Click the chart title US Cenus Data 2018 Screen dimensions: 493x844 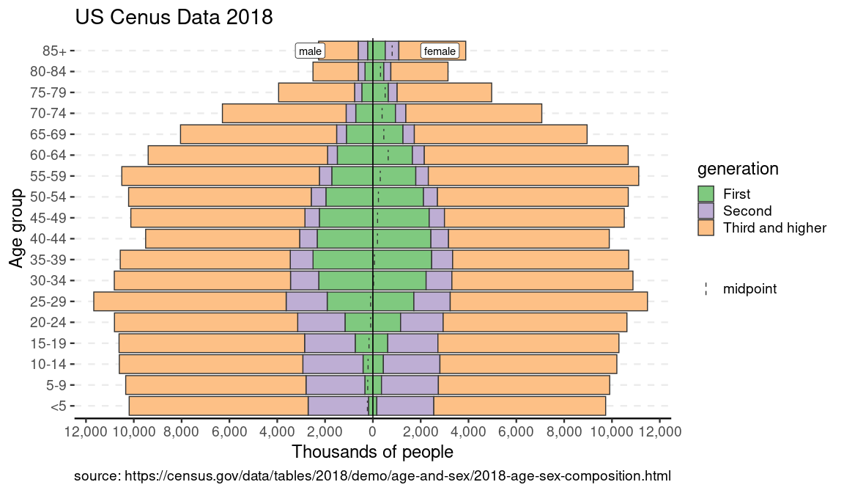(174, 18)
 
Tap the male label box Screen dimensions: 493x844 (310, 51)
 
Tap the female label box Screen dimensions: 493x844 (440, 51)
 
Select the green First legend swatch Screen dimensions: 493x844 (706, 194)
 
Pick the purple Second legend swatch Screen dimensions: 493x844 (706, 211)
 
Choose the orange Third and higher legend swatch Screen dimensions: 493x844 (706, 227)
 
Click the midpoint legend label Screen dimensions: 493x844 (749, 289)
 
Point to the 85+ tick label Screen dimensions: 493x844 (54, 51)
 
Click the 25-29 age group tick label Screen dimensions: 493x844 (49, 302)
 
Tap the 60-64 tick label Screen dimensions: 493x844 (49, 156)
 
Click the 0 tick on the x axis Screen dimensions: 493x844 (373, 432)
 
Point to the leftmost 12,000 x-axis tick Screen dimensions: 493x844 (86, 432)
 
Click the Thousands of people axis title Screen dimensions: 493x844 (372, 451)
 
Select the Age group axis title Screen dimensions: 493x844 (17, 228)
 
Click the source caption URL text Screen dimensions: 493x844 (372, 475)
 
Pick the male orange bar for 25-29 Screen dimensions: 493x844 (190, 302)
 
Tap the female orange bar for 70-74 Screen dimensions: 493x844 (473, 114)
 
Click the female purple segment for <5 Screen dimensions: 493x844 (405, 406)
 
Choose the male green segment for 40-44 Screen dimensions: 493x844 (344, 238)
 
